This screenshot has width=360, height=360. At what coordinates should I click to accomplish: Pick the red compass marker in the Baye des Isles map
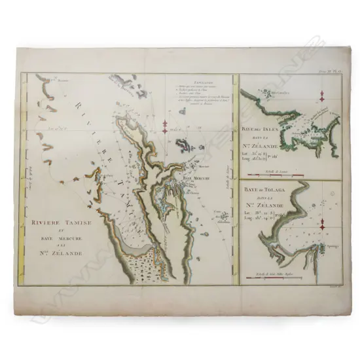coord(323,102)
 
